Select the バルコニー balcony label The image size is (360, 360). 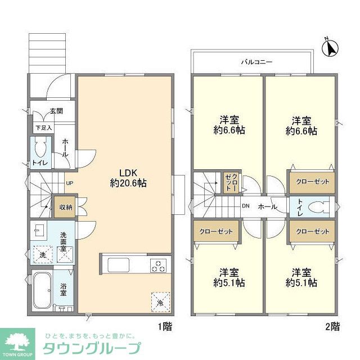(x=257, y=62)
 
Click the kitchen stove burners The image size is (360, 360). (x=159, y=264)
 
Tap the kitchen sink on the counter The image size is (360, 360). (x=119, y=265)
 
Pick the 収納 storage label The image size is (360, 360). (x=65, y=207)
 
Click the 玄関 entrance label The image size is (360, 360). (x=56, y=111)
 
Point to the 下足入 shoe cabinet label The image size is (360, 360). (x=43, y=128)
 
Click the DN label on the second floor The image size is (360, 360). (x=245, y=206)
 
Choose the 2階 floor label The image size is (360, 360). (x=332, y=326)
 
